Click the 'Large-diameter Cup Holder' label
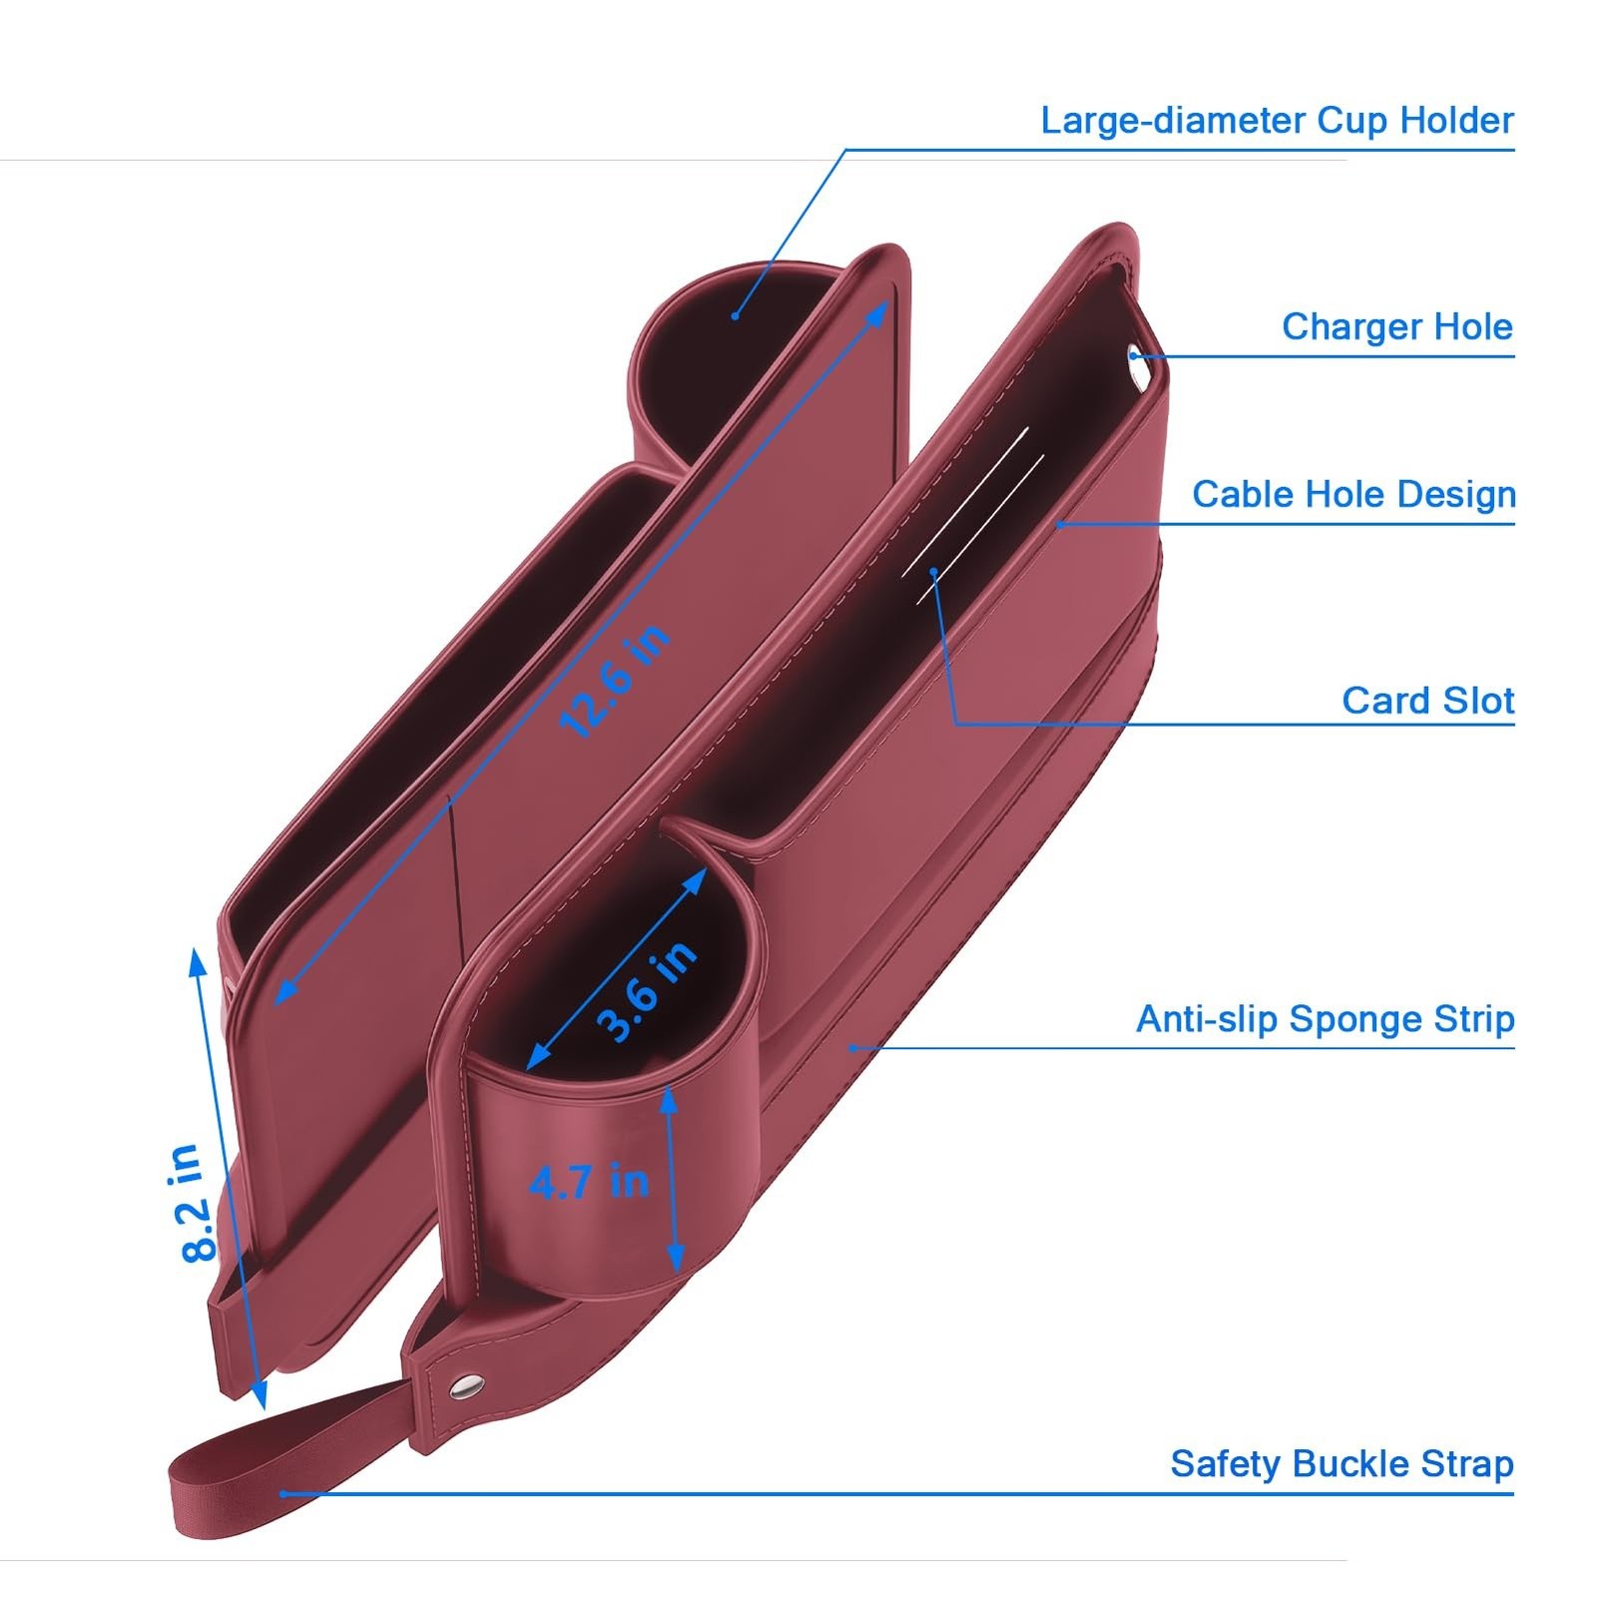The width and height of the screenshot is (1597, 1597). (x=1277, y=121)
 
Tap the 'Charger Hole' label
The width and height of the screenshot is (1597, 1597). (x=1396, y=327)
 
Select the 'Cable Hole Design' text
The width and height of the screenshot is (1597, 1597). (x=1353, y=495)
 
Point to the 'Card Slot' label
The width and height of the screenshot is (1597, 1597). (x=1427, y=701)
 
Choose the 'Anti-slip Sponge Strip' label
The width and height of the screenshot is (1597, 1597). (x=1325, y=1019)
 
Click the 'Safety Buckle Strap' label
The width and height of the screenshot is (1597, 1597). (x=1341, y=1464)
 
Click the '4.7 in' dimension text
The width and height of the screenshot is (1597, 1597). (x=589, y=1183)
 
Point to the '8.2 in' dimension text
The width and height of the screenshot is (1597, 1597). (x=190, y=1203)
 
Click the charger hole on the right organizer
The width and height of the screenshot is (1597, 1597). (x=1134, y=353)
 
